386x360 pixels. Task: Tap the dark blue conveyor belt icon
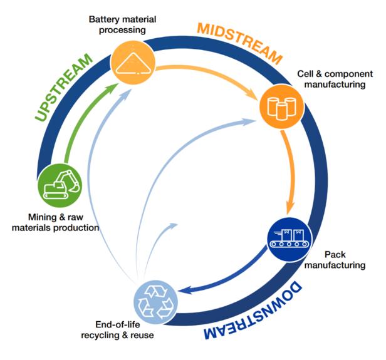pos(290,239)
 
